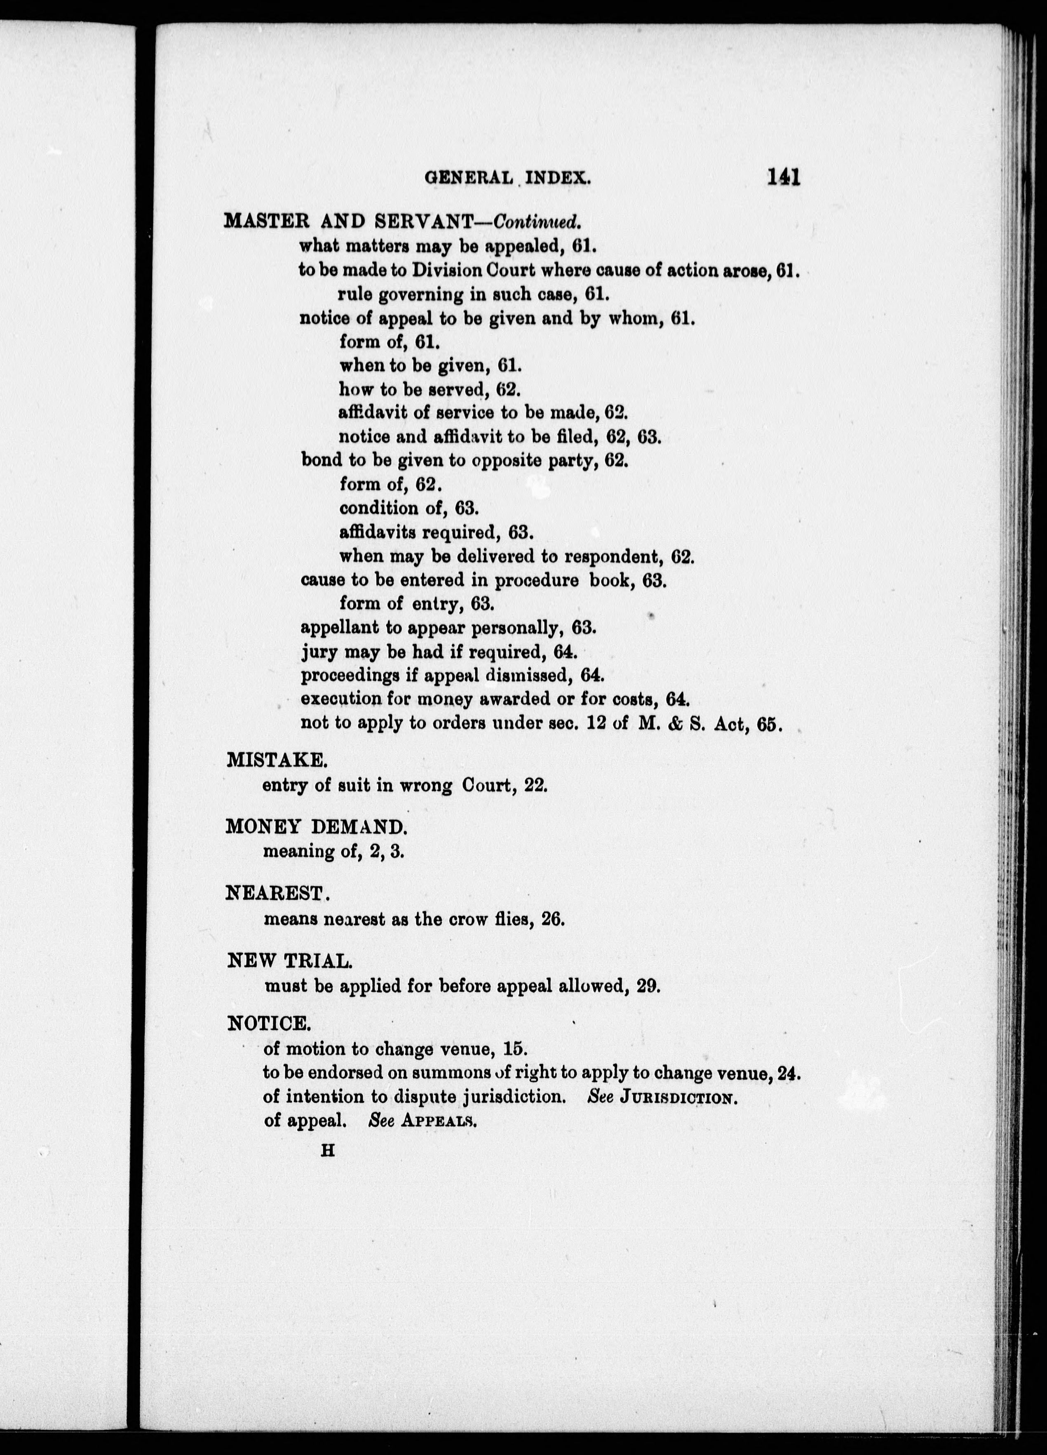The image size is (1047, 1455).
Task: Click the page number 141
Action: tap(783, 177)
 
